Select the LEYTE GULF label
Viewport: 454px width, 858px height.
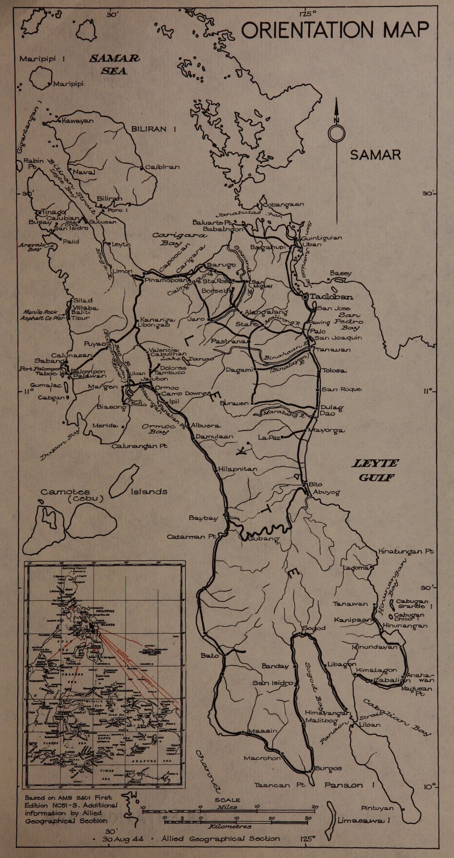pos(376,470)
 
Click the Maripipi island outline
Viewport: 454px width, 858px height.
pos(41,77)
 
